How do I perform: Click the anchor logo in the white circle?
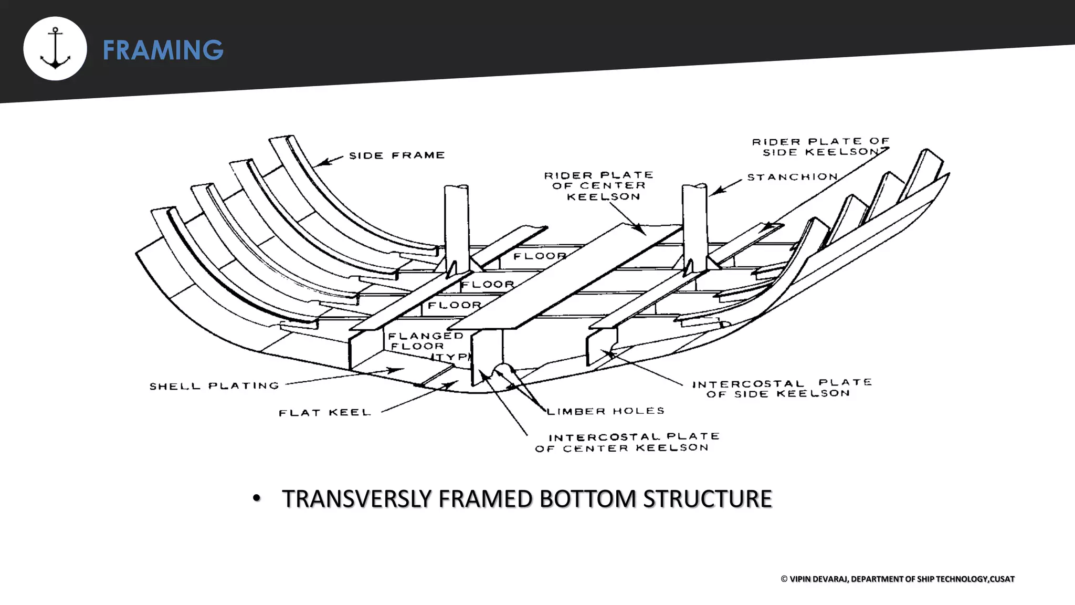(55, 49)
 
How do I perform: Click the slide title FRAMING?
(163, 50)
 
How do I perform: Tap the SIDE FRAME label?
(397, 155)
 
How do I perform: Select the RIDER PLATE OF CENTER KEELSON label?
(598, 186)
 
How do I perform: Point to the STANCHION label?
(792, 178)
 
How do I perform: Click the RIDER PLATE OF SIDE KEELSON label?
(820, 147)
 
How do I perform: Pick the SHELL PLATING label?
(214, 386)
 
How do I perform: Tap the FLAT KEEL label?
(324, 413)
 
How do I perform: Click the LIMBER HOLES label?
(605, 411)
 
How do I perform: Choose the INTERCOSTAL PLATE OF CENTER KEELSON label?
(627, 442)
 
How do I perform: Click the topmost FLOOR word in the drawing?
(540, 256)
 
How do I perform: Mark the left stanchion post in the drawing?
(456, 226)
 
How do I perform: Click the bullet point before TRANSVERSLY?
(256, 498)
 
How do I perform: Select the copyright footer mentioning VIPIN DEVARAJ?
(897, 579)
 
